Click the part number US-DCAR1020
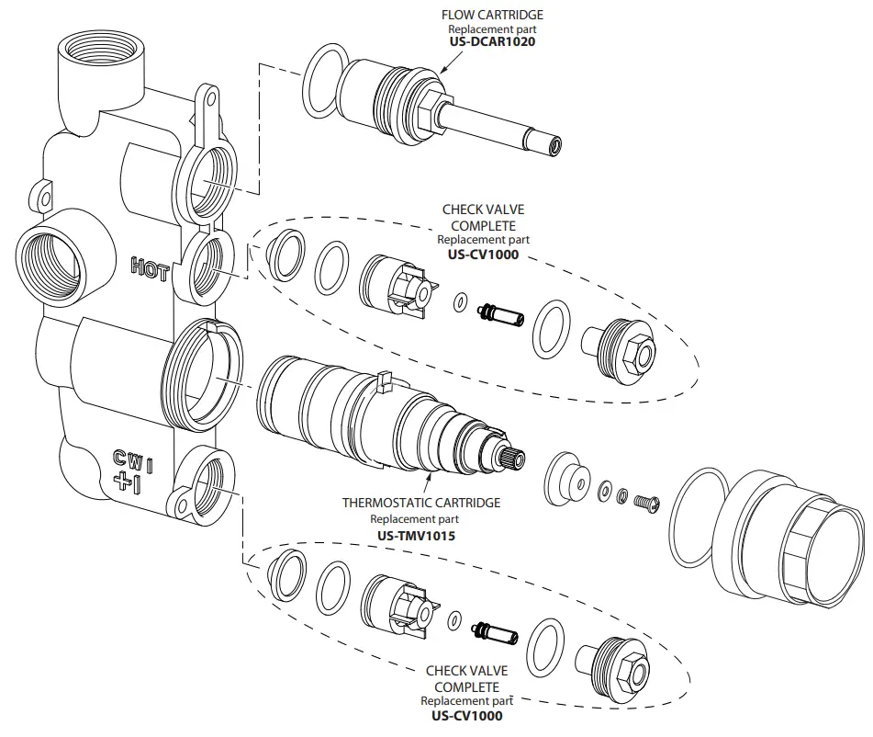point(491,42)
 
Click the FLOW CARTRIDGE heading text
point(491,15)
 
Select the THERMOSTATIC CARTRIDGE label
point(421,503)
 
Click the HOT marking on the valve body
point(150,267)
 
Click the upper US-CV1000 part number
point(483,254)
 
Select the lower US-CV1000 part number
point(466,715)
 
